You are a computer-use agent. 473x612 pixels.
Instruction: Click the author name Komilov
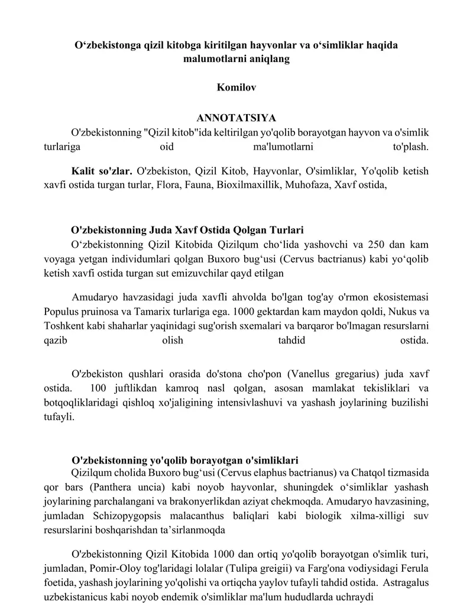237,87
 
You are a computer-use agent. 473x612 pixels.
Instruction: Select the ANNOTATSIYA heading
237,118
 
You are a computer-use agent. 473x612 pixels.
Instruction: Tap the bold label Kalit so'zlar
101,171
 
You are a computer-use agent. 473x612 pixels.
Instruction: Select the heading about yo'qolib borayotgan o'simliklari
184,460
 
